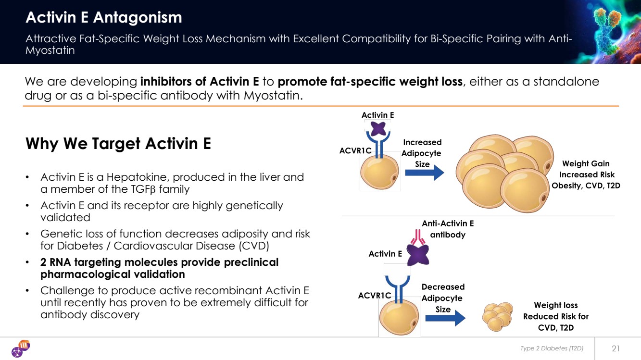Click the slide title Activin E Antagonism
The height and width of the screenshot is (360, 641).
[x=103, y=18]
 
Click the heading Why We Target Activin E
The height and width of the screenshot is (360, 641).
[x=118, y=143]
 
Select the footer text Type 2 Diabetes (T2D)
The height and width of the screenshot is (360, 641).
[x=552, y=348]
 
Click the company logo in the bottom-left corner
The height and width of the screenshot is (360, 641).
[x=21, y=348]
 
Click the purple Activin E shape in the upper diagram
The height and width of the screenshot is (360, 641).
[x=377, y=129]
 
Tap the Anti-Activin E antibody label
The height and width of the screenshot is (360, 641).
[x=448, y=229]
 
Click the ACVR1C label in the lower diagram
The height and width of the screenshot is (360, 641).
[x=374, y=296]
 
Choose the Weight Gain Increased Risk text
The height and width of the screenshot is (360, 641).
[x=586, y=174]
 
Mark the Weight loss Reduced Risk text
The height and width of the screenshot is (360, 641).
[x=555, y=316]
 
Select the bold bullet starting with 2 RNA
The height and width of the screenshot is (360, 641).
[x=159, y=268]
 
